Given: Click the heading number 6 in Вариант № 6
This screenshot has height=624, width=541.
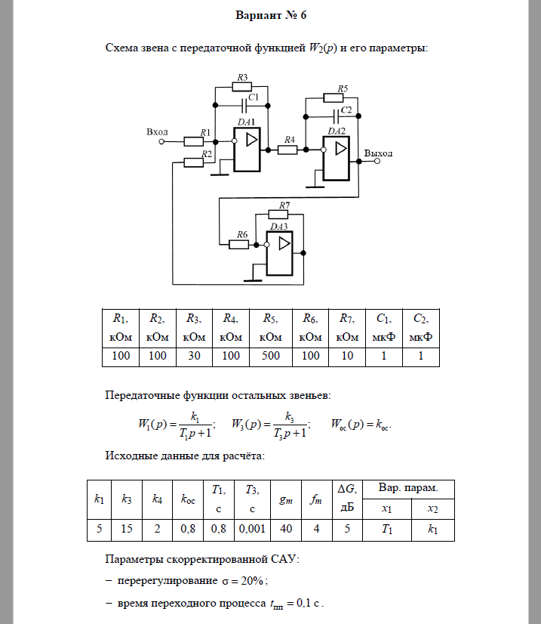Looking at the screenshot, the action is click(303, 15).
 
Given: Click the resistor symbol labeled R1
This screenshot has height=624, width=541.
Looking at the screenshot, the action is click(194, 141).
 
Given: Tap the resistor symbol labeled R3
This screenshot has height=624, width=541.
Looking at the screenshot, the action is click(241, 86).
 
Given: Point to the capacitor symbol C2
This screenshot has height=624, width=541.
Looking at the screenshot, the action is click(336, 116).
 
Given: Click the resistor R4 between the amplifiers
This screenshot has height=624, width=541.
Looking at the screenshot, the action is click(287, 150).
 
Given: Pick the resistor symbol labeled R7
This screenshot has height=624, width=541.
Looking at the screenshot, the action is click(278, 215).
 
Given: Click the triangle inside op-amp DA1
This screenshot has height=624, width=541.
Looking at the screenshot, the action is click(251, 140).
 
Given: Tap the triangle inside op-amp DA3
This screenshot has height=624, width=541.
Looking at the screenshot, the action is click(284, 243).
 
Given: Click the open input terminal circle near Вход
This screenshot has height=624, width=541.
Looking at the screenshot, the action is click(161, 141).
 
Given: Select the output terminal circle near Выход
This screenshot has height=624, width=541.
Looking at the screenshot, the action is click(377, 161).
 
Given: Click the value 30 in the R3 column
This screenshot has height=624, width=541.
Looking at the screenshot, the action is click(194, 356).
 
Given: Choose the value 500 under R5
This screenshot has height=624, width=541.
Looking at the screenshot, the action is click(271, 356).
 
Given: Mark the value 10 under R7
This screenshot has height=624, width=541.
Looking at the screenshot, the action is click(347, 356).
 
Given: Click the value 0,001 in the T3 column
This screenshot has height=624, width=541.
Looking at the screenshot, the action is click(252, 529).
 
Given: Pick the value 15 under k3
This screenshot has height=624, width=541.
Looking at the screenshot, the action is click(127, 529).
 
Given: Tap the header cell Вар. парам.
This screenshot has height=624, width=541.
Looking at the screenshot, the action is click(408, 488).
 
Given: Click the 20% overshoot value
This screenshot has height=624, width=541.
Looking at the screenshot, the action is click(252, 581).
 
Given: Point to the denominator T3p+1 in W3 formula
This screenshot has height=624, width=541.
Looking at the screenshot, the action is click(290, 434).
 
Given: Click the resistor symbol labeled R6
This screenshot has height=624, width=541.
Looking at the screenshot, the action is click(239, 244).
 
